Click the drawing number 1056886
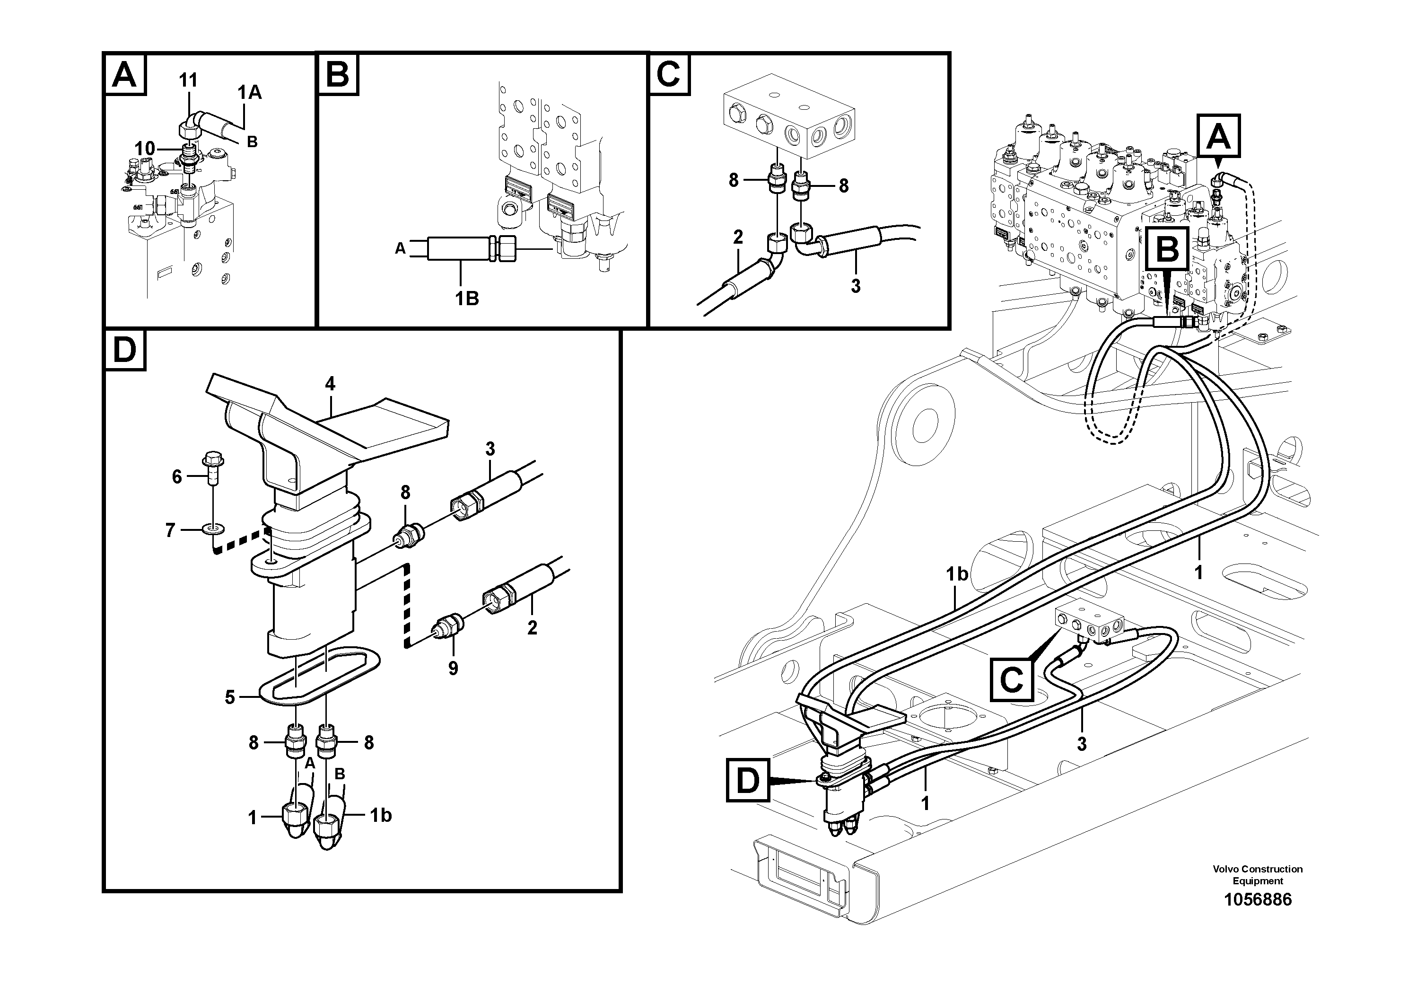tap(1257, 900)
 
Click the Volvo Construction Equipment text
tap(1257, 875)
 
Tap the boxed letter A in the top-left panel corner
tap(125, 75)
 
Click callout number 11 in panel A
tap(188, 80)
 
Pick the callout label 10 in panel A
tap(145, 149)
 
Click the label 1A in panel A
tap(250, 93)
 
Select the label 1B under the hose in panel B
tap(467, 299)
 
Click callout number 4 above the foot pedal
tap(330, 385)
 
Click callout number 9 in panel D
tap(453, 668)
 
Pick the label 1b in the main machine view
tap(957, 574)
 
